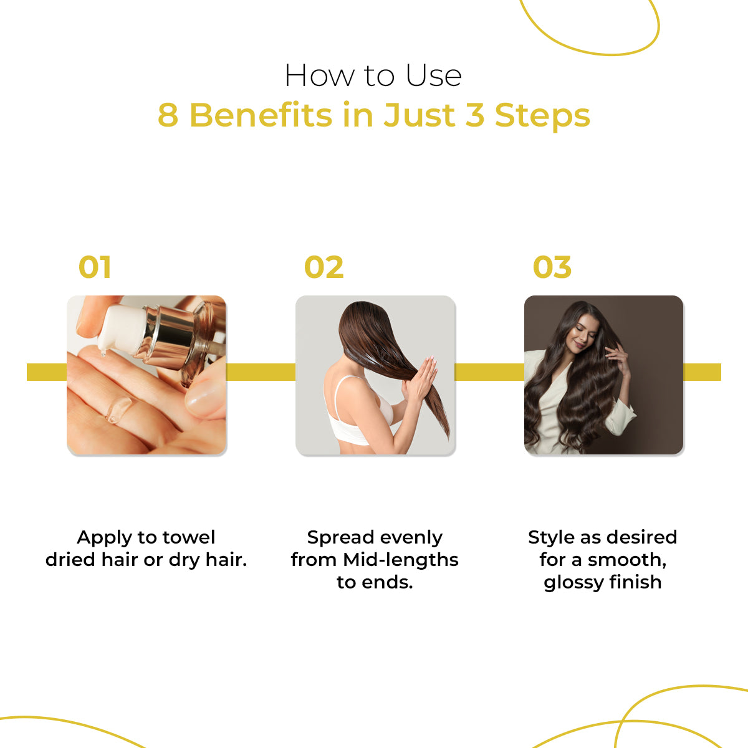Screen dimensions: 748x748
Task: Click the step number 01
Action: [95, 267]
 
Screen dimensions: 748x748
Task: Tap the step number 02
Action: [324, 267]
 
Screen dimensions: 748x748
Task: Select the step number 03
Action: [552, 267]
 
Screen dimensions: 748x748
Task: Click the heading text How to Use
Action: [373, 76]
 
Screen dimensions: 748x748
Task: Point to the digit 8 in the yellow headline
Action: [168, 116]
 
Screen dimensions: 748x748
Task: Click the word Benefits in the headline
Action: [261, 116]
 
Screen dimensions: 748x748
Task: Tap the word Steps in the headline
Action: [542, 116]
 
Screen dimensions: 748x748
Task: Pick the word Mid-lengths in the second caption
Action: [401, 560]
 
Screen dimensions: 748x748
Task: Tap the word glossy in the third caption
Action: [572, 582]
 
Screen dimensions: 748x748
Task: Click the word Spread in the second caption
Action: [339, 537]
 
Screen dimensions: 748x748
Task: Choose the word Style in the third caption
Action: [551, 537]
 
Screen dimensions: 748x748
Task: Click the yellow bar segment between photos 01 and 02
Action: [261, 372]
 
